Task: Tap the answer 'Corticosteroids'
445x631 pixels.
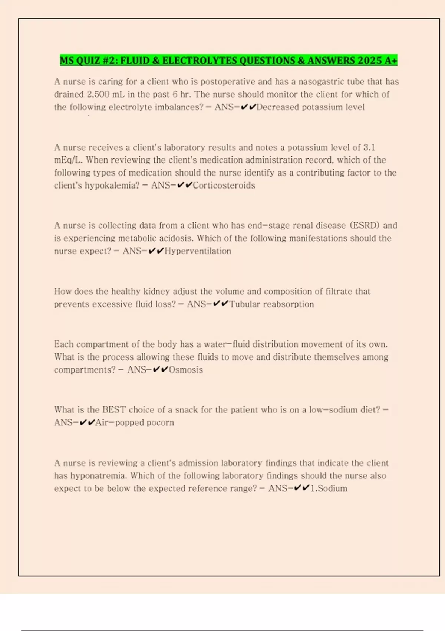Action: click(x=224, y=185)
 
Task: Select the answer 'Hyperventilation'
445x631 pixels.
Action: click(x=198, y=251)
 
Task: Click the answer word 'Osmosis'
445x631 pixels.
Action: click(x=186, y=370)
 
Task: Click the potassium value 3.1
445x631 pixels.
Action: click(x=369, y=147)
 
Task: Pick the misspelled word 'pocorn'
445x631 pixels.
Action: click(x=160, y=422)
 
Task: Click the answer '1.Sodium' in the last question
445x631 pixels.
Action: click(x=329, y=488)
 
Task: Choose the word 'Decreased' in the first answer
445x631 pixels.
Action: click(x=278, y=107)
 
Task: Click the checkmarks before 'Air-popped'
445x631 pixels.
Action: click(x=88, y=422)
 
